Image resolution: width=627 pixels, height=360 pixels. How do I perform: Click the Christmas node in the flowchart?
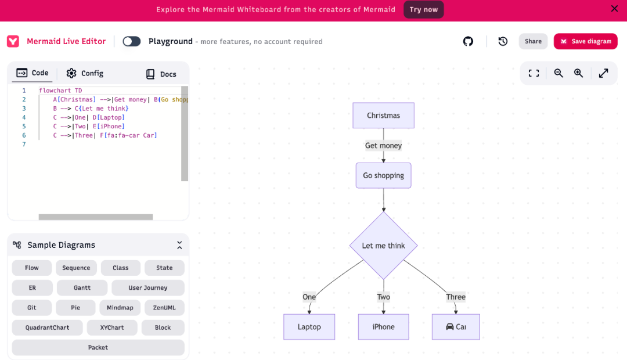tap(383, 115)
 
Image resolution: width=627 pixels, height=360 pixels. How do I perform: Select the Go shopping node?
tap(383, 175)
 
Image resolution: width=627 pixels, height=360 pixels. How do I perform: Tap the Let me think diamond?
tap(383, 245)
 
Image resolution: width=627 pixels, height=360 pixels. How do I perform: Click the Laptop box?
tap(309, 327)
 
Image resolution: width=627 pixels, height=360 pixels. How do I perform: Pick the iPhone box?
tap(383, 327)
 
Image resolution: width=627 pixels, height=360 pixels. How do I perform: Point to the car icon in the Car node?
tap(450, 327)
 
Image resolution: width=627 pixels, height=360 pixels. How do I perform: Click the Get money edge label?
tap(383, 146)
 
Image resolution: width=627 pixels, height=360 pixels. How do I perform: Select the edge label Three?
tap(456, 297)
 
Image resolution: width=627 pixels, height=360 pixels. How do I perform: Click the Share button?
tap(533, 41)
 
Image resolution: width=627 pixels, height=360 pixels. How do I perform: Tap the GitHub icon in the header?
tap(468, 41)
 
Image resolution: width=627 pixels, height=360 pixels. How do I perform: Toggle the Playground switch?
tap(132, 41)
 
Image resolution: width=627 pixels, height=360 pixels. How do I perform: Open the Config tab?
tap(85, 73)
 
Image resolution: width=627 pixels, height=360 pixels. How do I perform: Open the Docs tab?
tap(161, 74)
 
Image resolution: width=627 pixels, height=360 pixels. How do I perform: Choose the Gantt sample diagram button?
tap(82, 287)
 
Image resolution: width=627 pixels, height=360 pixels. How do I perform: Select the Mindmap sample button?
tap(120, 308)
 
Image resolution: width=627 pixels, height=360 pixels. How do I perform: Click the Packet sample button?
tap(98, 348)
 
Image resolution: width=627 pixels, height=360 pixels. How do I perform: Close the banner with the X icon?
tap(614, 9)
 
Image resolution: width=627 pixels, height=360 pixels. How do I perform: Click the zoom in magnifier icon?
tap(578, 73)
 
